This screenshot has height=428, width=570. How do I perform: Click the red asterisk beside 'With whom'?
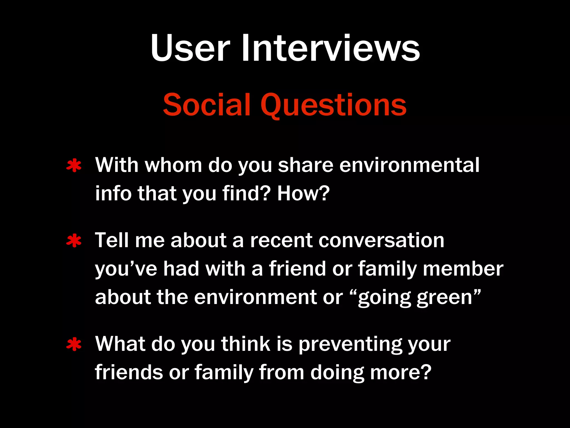coord(74,166)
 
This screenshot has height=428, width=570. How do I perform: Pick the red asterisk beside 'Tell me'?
coord(74,241)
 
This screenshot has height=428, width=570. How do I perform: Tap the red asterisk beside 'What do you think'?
coord(74,344)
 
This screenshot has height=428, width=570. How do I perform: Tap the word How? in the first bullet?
coord(303,193)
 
